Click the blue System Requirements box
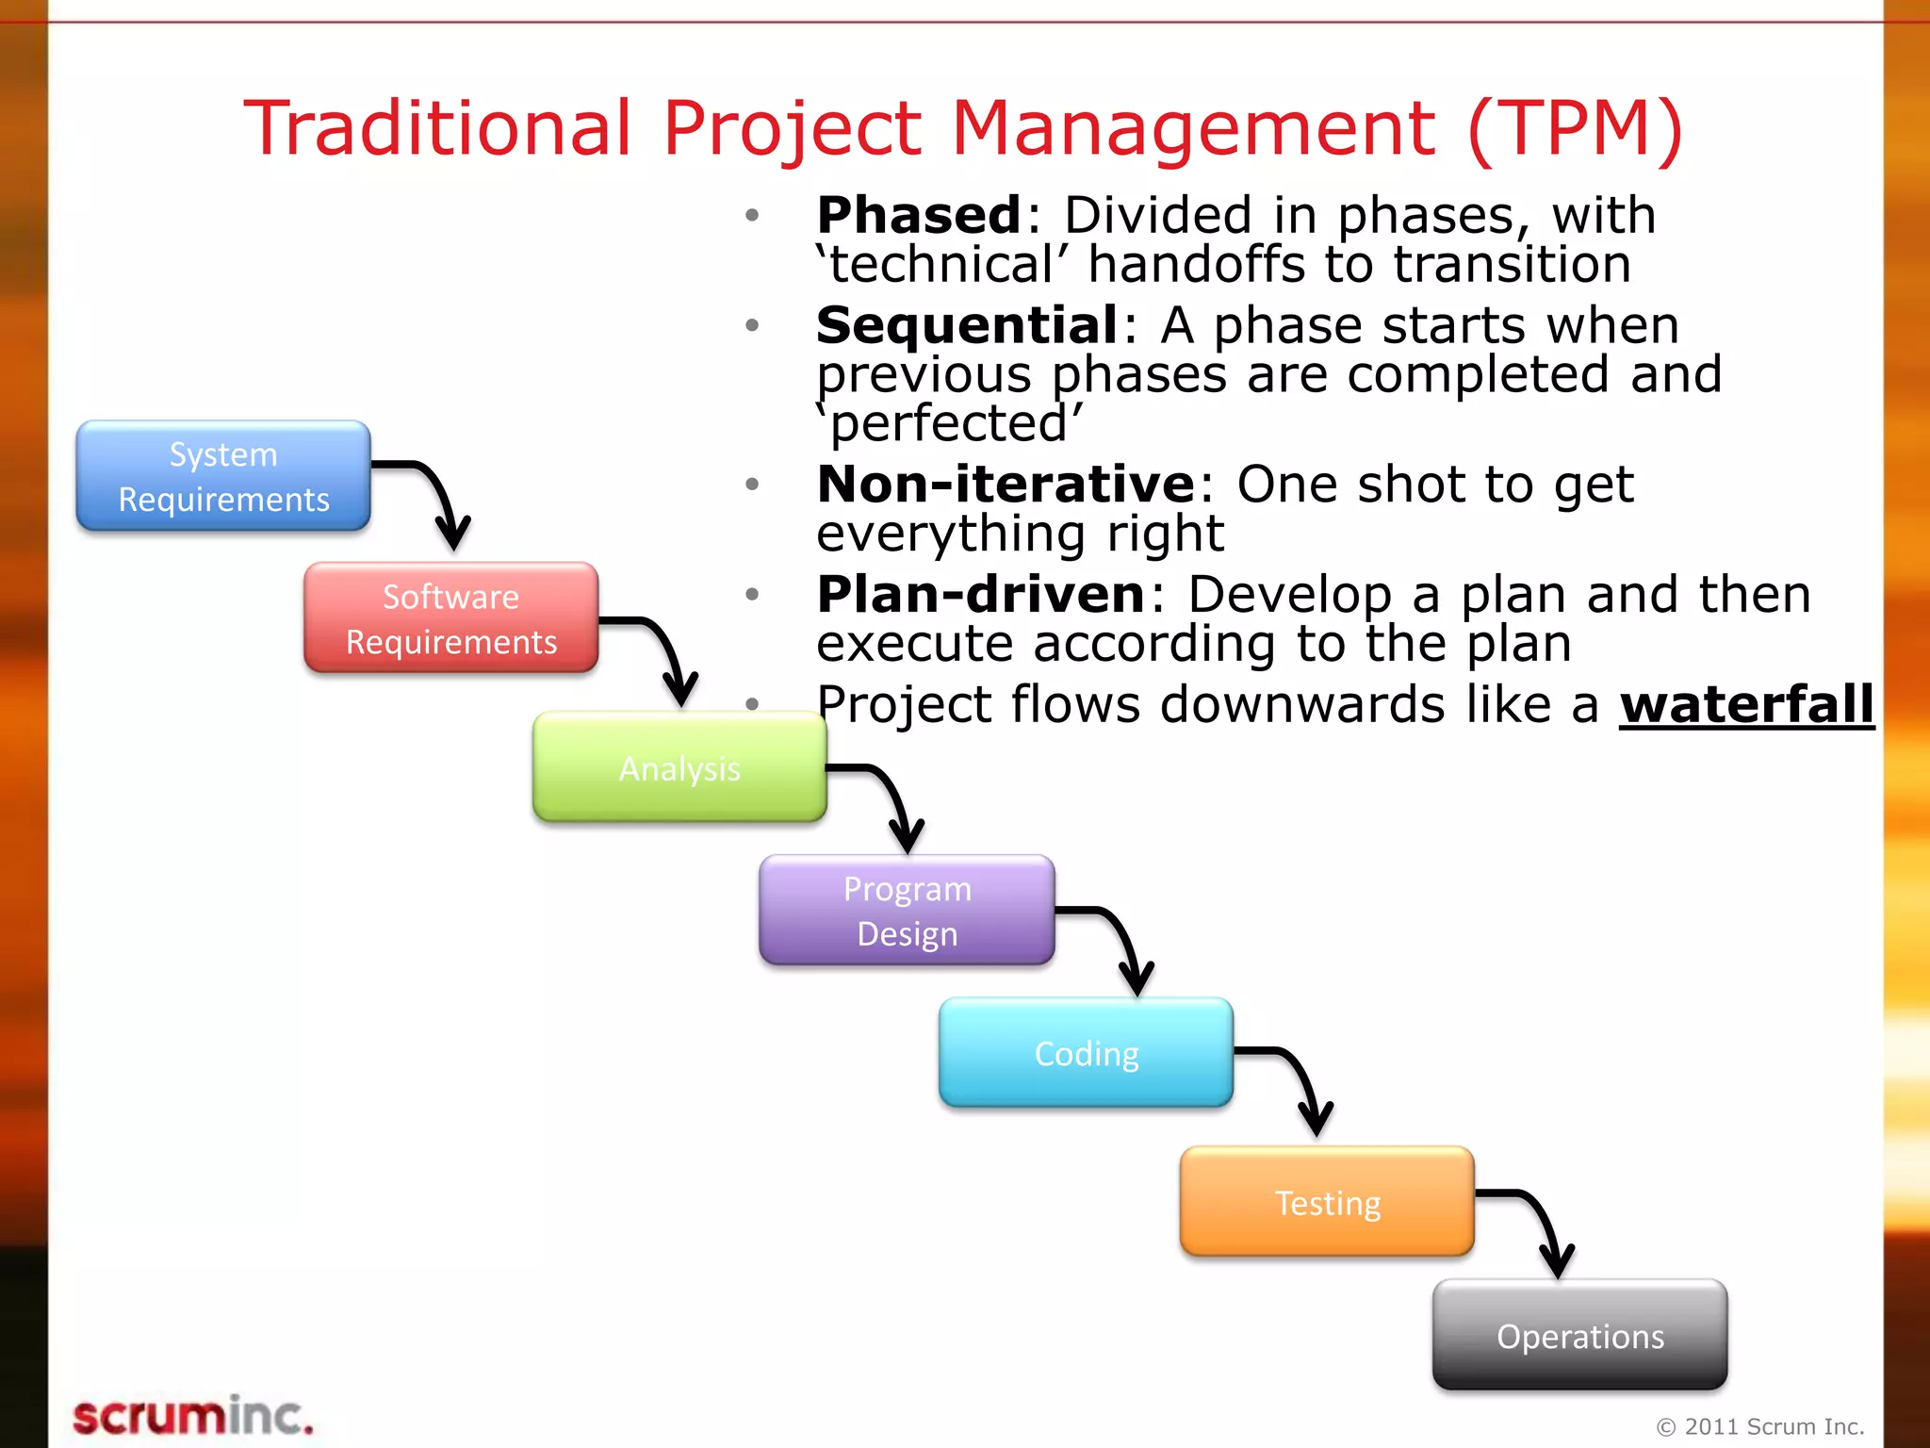[x=223, y=476]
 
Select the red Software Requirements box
[x=450, y=618]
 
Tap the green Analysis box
[x=679, y=767]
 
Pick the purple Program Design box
[x=907, y=911]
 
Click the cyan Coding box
[x=1086, y=1053]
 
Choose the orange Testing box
[x=1327, y=1202]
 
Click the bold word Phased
[x=919, y=215]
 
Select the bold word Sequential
[x=967, y=325]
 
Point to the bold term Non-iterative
[x=1006, y=485]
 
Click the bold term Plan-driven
[x=981, y=595]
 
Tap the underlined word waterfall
[x=1746, y=705]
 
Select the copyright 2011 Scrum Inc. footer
[x=1760, y=1426]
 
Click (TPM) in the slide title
[x=1575, y=128]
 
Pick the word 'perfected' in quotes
[x=950, y=423]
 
